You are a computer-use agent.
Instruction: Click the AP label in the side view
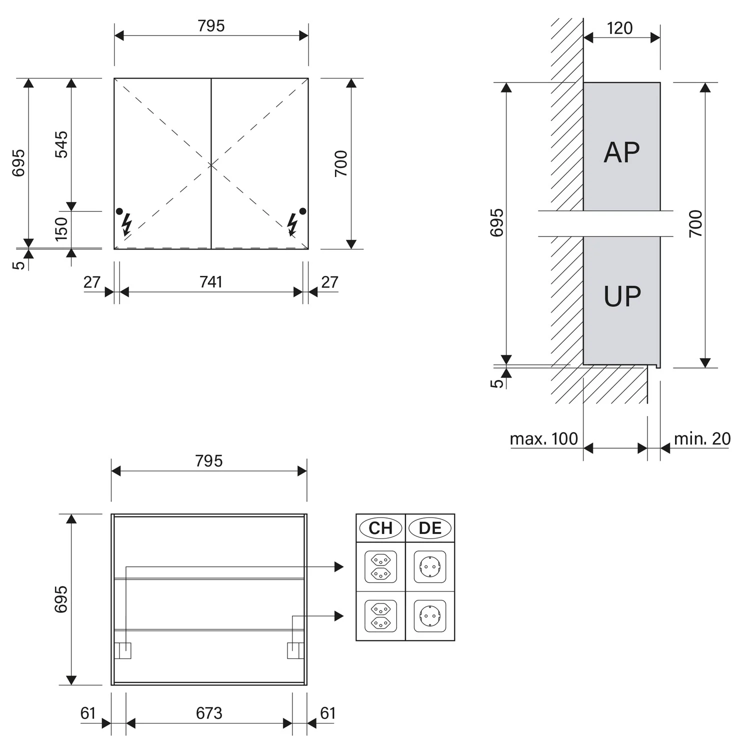[x=621, y=152]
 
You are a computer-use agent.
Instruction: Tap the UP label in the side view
[x=622, y=296]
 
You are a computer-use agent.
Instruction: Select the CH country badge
[x=380, y=528]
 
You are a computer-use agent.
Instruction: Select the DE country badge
[x=430, y=528]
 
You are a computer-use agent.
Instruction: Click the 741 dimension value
[x=210, y=282]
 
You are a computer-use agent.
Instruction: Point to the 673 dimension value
[x=209, y=713]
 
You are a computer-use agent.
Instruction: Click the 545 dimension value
[x=61, y=144]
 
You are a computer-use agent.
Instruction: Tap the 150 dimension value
[x=61, y=229]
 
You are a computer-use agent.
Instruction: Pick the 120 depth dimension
[x=620, y=28]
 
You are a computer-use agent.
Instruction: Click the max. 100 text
[x=543, y=439]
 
